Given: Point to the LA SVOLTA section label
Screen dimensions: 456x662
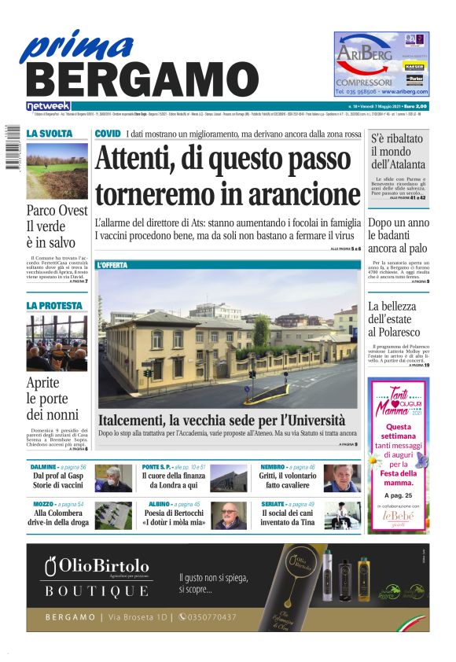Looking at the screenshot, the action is click(50, 134).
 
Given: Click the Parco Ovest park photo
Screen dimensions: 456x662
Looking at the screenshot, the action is click(57, 171).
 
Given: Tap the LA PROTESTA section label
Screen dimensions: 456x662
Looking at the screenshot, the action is click(53, 305).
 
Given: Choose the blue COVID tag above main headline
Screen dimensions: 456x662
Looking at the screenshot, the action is click(108, 134).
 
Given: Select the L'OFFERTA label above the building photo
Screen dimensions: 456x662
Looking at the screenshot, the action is click(112, 266).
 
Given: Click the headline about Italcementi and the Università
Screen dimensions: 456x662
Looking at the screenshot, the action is click(222, 420).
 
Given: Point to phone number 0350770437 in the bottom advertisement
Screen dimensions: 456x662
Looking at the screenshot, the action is click(208, 617).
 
